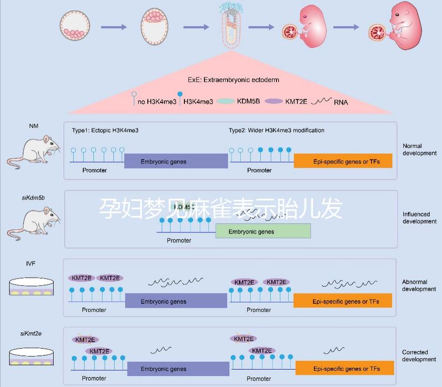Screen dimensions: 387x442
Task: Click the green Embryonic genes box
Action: pyautogui.click(x=263, y=231)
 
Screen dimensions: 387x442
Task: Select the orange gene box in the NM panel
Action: pyautogui.click(x=343, y=161)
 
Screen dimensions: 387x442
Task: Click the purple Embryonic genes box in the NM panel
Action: pyautogui.click(x=176, y=161)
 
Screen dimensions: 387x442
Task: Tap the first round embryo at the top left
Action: pyautogui.click(x=74, y=27)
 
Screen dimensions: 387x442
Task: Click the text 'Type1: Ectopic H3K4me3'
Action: pyautogui.click(x=105, y=130)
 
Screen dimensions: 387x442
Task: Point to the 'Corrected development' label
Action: pyautogui.click(x=419, y=355)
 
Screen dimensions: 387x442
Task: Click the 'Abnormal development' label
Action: pyautogui.click(x=419, y=285)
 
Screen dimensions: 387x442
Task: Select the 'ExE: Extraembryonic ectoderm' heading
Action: pyautogui.click(x=233, y=80)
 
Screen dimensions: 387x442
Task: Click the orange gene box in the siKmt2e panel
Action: pyautogui.click(x=346, y=369)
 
